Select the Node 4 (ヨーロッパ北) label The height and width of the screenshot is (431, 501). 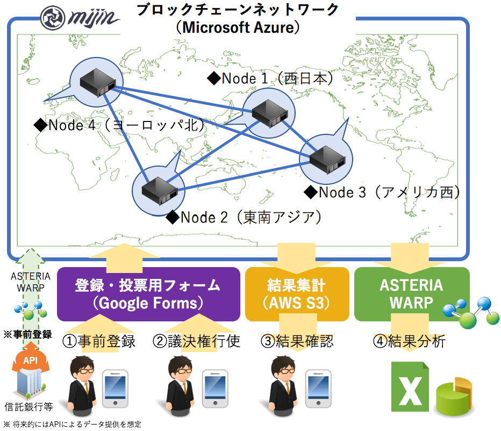[119, 125]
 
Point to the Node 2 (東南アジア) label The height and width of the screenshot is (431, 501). [245, 217]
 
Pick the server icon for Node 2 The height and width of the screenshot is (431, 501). [159, 188]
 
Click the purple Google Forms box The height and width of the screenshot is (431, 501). [148, 294]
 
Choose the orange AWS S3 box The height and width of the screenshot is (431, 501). [296, 294]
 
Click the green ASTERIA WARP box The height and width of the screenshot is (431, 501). [411, 293]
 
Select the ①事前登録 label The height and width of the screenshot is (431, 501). [99, 341]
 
